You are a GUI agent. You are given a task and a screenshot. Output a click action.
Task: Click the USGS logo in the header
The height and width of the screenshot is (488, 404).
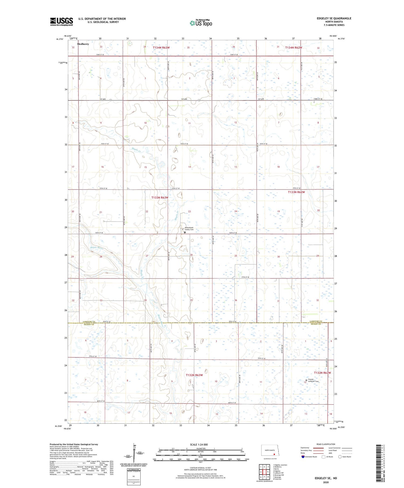61,22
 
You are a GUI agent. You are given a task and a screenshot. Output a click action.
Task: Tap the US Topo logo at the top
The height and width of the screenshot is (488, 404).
201,23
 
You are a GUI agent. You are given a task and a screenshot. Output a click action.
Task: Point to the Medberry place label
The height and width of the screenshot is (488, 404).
83,44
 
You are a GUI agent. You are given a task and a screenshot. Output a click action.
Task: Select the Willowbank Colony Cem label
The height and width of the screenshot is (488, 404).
189,229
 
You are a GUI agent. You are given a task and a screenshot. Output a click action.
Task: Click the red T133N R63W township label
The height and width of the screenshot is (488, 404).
160,198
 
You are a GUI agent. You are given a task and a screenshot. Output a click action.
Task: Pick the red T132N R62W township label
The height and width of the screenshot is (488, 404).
322,373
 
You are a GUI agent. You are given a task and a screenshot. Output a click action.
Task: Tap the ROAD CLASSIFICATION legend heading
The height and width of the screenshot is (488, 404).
326,444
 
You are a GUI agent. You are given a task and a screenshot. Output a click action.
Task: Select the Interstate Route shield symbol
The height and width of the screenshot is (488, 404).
303,457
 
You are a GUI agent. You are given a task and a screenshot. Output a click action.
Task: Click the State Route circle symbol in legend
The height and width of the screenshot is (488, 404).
340,457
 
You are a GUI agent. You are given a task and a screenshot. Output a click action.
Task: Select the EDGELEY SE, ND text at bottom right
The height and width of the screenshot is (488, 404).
326,478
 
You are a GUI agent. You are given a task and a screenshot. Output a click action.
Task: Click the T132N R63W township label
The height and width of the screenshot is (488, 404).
194,375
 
